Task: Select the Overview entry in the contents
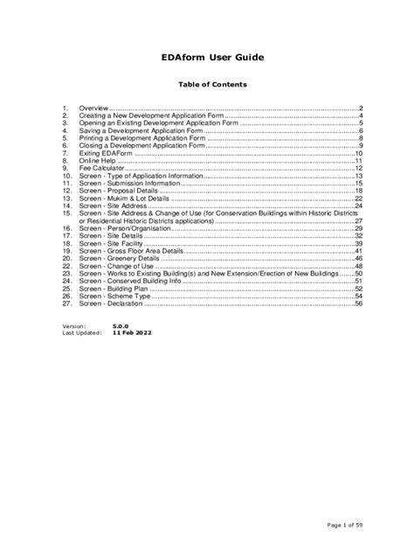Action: click(93, 107)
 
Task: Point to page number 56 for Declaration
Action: click(358, 305)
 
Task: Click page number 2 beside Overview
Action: click(360, 107)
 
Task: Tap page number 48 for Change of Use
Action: click(358, 267)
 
